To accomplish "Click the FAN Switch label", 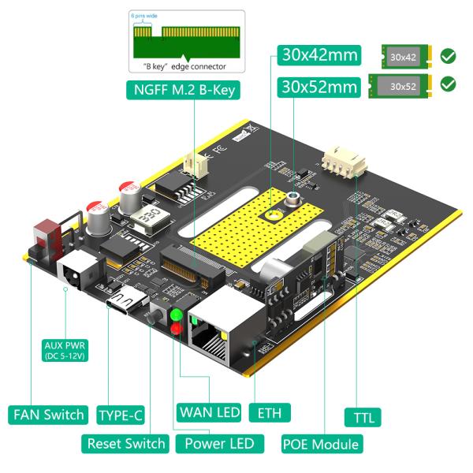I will pyautogui.click(x=48, y=415).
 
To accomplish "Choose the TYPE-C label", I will pyautogui.click(x=123, y=415).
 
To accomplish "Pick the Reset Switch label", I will pyautogui.click(x=126, y=443).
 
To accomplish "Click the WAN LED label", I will pyautogui.click(x=209, y=412).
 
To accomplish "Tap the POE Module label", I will pyautogui.click(x=321, y=444).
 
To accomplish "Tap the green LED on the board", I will pyautogui.click(x=176, y=316).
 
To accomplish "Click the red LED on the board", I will pyautogui.click(x=176, y=330).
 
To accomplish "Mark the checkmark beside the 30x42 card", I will pyautogui.click(x=449, y=56).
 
